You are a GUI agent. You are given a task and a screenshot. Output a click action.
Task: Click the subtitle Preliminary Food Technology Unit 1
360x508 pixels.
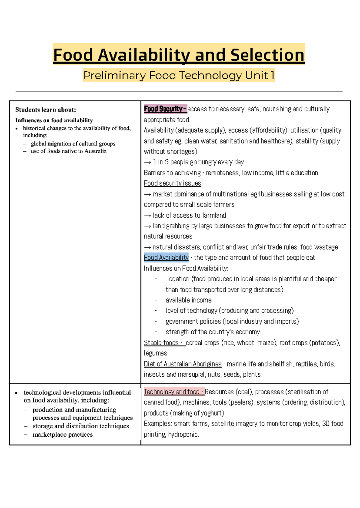pyautogui.click(x=179, y=75)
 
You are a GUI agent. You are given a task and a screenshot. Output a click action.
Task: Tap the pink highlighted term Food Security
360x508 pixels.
pyautogui.click(x=165, y=109)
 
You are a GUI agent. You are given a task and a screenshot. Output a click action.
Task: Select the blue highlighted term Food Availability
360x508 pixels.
pyautogui.click(x=166, y=257)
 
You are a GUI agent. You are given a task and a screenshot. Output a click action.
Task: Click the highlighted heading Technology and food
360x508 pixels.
pyautogui.click(x=173, y=392)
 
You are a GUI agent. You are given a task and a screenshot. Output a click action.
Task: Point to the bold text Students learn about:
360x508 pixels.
pyautogui.click(x=46, y=109)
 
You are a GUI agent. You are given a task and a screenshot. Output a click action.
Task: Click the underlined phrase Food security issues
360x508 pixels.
pyautogui.click(x=172, y=183)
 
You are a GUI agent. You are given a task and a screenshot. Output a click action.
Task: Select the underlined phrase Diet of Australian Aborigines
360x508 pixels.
pyautogui.click(x=182, y=364)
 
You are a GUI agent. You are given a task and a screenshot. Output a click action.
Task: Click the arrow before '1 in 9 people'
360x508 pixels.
pyautogui.click(x=147, y=162)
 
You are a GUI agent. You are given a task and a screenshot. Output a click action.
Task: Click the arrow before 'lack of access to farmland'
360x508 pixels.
pyautogui.click(x=147, y=216)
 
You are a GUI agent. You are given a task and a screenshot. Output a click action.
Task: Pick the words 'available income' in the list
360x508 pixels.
pyautogui.click(x=188, y=300)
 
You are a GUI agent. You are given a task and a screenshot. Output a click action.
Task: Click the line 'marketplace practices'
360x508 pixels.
pyautogui.click(x=62, y=435)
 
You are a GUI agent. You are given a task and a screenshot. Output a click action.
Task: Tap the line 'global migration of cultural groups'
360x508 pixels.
pyautogui.click(x=73, y=144)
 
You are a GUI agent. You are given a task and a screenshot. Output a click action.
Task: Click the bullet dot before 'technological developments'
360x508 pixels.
pyautogui.click(x=16, y=393)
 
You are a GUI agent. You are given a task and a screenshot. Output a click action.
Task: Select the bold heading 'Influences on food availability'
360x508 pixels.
pyautogui.click(x=54, y=120)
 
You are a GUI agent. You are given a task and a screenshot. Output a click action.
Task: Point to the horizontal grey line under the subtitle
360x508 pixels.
pyautogui.click(x=179, y=91)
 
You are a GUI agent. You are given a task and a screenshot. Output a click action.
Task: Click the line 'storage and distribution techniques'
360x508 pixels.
pyautogui.click(x=80, y=426)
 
